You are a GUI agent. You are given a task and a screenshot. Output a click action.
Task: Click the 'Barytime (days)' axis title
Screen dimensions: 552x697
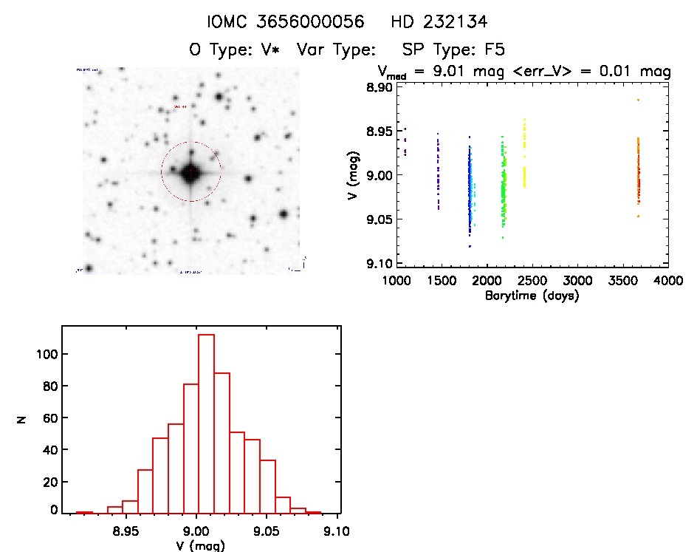point(532,296)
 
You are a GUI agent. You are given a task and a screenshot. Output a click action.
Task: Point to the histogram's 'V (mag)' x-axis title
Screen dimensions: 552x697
point(196,546)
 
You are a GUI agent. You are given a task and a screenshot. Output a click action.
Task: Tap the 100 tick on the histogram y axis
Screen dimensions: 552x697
point(46,355)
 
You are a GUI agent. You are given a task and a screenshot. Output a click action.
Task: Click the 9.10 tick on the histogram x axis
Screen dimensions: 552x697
point(337,531)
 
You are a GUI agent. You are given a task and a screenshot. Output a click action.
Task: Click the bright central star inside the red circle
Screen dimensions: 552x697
point(191,173)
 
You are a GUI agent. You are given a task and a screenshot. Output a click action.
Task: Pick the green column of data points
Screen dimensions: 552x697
point(504,185)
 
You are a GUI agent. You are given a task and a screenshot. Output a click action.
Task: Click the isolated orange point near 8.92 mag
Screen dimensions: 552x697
point(638,100)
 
